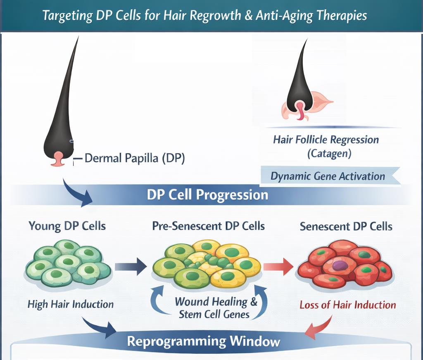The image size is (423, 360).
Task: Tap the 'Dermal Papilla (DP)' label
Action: click(134, 158)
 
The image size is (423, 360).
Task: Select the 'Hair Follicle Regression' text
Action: click(326, 140)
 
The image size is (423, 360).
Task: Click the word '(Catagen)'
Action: click(329, 154)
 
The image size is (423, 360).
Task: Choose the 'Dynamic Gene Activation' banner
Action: click(328, 176)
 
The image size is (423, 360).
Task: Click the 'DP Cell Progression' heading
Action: click(207, 194)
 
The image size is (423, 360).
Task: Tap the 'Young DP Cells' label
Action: click(67, 226)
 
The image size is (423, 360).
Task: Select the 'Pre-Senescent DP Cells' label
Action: click(208, 226)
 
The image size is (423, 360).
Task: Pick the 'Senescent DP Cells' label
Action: click(346, 227)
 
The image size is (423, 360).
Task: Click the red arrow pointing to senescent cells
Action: click(278, 266)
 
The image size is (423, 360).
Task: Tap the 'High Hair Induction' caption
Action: click(70, 305)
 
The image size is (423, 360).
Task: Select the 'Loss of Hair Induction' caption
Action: click(347, 305)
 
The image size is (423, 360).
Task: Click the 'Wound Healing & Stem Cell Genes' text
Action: click(215, 308)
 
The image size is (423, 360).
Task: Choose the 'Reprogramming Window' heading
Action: click(203, 341)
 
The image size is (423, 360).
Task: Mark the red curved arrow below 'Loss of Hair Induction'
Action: click(319, 326)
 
